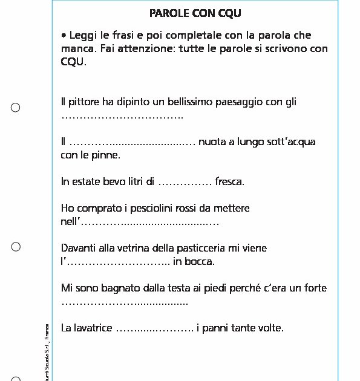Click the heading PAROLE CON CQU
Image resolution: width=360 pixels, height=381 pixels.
195,13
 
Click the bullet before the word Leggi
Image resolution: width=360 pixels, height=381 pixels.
64,36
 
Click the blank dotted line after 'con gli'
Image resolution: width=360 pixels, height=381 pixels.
122,116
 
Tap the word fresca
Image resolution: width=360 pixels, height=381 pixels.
229,181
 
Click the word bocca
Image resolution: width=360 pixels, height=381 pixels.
200,262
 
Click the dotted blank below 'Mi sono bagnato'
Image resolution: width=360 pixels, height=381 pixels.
125,302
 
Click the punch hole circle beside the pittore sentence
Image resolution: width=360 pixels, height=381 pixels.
16,108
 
